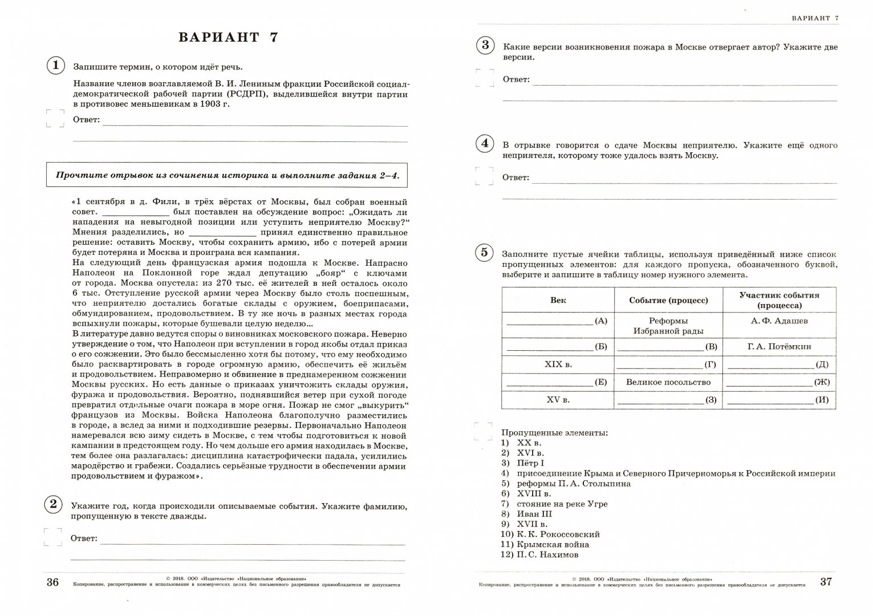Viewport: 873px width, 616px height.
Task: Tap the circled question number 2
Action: [53, 504]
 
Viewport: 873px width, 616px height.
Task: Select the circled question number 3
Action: [485, 45]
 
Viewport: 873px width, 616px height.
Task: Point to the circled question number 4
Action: [485, 143]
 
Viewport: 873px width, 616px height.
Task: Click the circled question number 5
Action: [484, 252]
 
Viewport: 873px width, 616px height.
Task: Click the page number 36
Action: [52, 582]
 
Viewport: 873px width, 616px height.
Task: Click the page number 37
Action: [826, 582]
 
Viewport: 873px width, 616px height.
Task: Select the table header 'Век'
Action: [558, 300]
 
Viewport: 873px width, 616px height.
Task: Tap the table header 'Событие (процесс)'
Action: [668, 300]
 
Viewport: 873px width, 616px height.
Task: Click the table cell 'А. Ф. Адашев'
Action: [779, 321]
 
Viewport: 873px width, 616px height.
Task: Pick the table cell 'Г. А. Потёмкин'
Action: [779, 346]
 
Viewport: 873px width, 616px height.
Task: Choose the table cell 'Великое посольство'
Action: [668, 382]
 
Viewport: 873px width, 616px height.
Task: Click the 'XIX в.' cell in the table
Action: [558, 364]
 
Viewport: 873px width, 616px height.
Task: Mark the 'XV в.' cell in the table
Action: [558, 399]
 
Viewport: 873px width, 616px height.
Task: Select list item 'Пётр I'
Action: [530, 463]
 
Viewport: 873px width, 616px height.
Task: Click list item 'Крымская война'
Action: [545, 544]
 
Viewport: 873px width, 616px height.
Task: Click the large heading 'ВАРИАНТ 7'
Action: [228, 38]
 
